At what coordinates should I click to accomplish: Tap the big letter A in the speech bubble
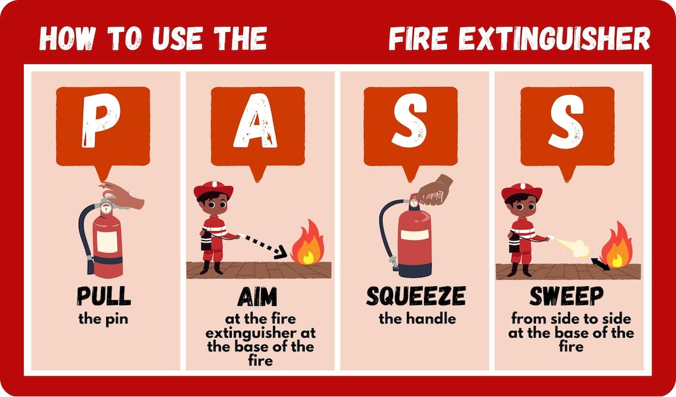(x=256, y=123)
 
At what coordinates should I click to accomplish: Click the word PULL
(x=103, y=296)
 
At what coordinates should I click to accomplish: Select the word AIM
(x=257, y=296)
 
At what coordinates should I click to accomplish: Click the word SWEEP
(x=566, y=296)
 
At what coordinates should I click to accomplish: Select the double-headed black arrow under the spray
(x=600, y=264)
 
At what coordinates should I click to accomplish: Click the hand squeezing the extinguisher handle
(x=435, y=190)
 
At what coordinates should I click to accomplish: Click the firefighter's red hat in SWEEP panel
(x=521, y=191)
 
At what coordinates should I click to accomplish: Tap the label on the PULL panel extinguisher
(x=107, y=242)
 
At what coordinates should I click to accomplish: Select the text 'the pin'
(x=103, y=319)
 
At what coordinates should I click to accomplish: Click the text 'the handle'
(x=417, y=319)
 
